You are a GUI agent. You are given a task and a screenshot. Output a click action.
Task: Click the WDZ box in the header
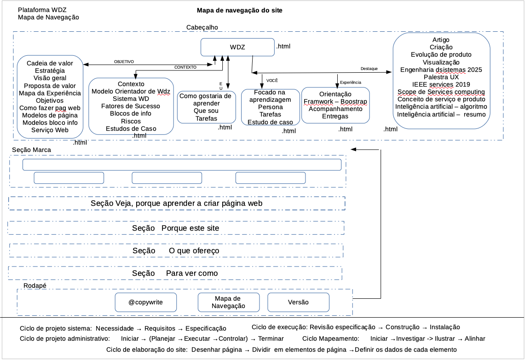click(x=237, y=47)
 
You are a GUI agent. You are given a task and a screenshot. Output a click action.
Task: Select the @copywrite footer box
click(x=145, y=302)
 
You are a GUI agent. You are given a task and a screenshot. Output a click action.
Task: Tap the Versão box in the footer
click(x=298, y=302)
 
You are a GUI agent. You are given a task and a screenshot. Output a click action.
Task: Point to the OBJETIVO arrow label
click(x=124, y=61)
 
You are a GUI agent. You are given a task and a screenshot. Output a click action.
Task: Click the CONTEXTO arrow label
click(x=185, y=67)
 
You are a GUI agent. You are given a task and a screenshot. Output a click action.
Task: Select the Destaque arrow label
click(x=369, y=69)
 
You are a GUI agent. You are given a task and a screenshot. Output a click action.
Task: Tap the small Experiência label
click(x=351, y=82)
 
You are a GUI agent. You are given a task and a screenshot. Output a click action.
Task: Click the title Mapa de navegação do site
click(x=239, y=10)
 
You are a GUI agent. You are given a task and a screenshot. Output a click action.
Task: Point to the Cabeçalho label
click(x=202, y=28)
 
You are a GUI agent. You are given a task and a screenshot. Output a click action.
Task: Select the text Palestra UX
click(x=441, y=77)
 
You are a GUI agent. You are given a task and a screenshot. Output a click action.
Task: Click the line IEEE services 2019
click(x=441, y=84)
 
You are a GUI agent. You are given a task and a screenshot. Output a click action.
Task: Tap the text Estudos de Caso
click(x=131, y=128)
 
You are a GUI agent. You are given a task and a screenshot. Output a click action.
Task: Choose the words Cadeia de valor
click(x=50, y=63)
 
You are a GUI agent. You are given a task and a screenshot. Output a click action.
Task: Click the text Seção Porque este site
click(x=175, y=228)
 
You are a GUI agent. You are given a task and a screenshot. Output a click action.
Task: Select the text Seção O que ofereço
click(x=175, y=250)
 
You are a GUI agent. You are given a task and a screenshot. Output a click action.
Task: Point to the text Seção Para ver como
click(x=175, y=273)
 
